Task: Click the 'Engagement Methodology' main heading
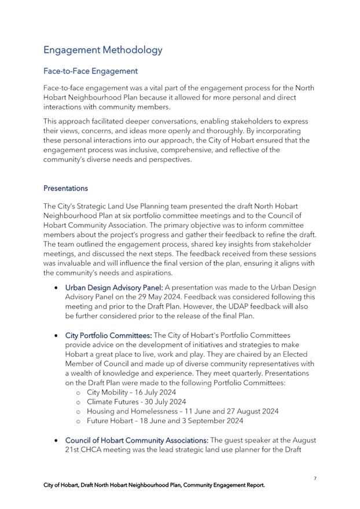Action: coord(103,50)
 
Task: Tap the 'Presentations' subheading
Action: coord(65,188)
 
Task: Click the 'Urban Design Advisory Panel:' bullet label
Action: coord(114,287)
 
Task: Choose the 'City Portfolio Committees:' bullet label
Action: coord(108,335)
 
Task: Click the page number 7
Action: coord(315,478)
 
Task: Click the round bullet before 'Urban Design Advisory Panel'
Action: coord(55,287)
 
